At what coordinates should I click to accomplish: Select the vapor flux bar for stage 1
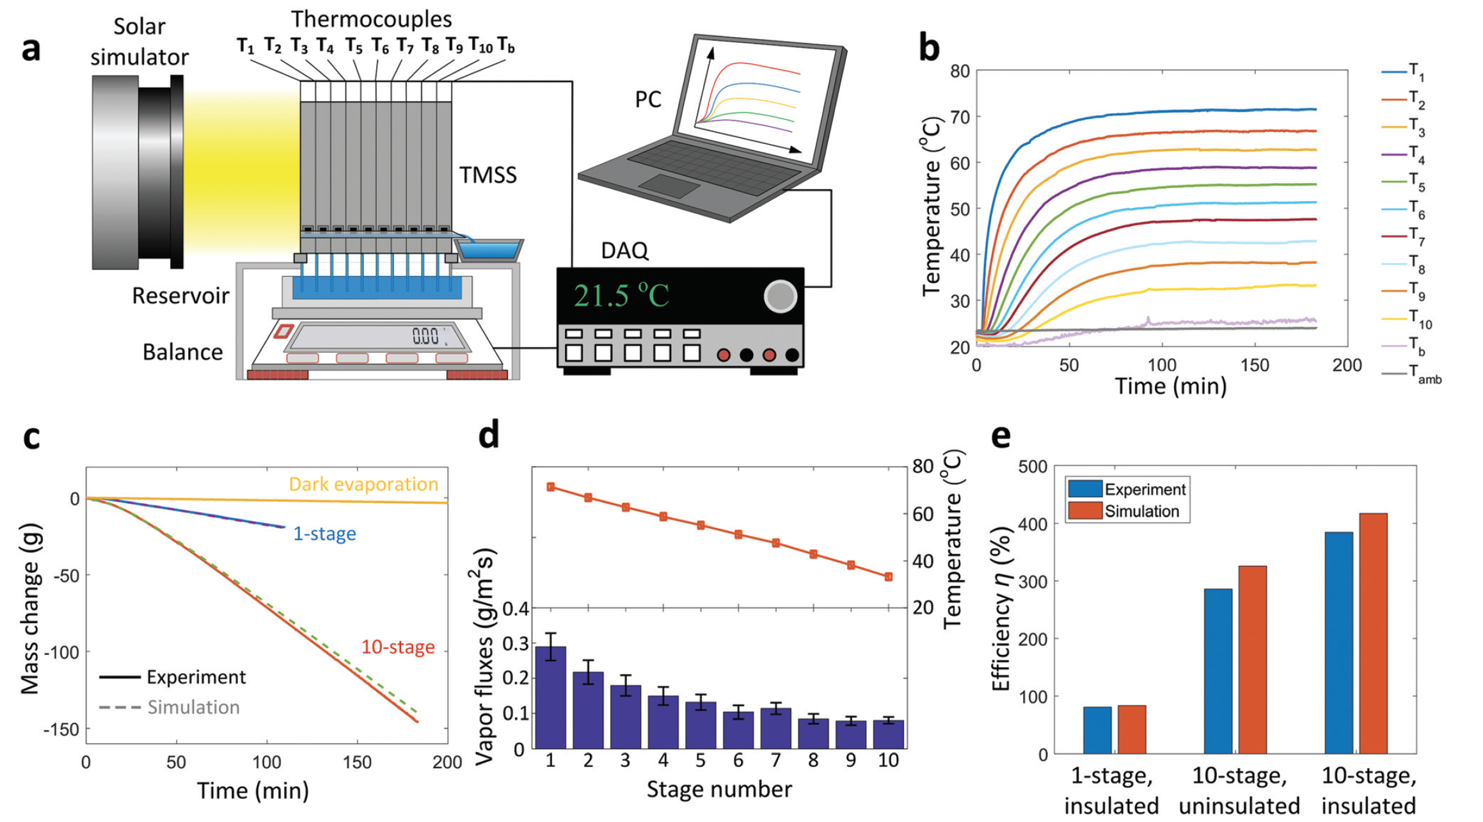tap(550, 698)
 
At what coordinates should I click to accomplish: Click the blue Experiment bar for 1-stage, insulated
tap(1097, 730)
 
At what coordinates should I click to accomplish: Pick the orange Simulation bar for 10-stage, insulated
tap(1373, 634)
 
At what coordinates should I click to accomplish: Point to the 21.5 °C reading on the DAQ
tap(621, 296)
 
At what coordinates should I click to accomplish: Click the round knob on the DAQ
tap(781, 296)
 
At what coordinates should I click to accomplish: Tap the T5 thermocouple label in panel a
tap(354, 46)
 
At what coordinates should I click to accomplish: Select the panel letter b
tap(929, 49)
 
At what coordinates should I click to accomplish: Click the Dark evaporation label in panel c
tap(363, 484)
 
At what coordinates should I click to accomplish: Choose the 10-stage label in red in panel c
tap(398, 647)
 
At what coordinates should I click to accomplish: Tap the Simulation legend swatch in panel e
tap(1085, 511)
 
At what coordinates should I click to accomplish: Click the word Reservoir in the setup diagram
tap(180, 296)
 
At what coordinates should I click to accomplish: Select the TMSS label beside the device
tap(488, 175)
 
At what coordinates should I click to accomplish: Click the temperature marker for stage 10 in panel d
tap(888, 577)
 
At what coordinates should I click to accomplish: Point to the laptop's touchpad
tap(669, 186)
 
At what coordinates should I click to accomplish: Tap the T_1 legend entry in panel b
tap(1405, 72)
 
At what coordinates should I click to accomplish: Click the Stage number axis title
tap(718, 789)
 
